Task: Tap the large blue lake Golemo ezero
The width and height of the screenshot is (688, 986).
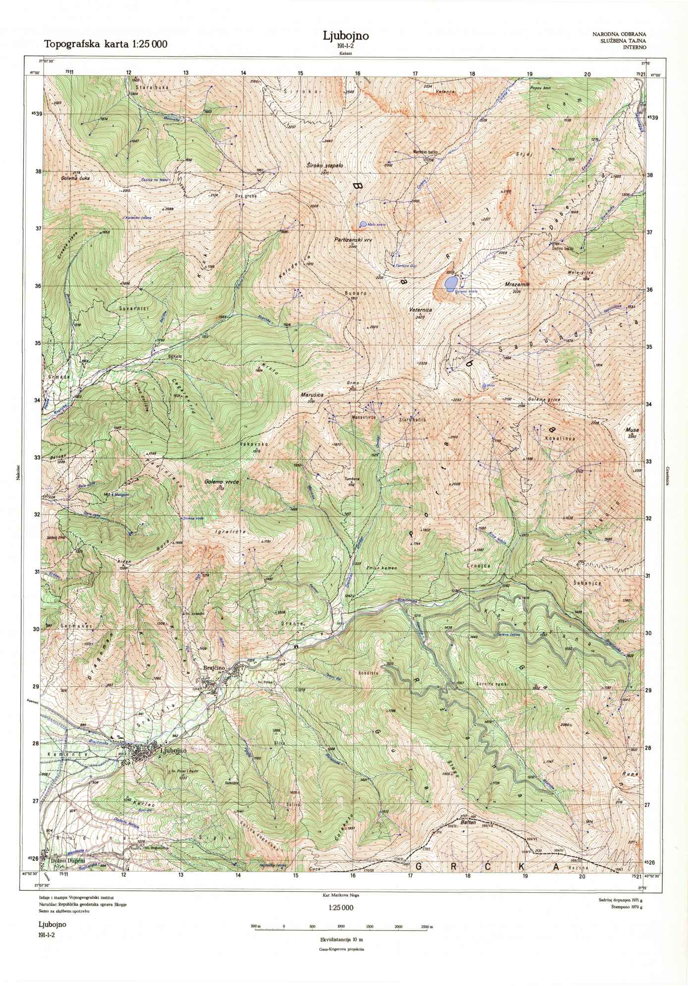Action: [451, 283]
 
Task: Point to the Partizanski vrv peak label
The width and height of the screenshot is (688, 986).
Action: [353, 239]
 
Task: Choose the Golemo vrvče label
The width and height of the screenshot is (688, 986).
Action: [221, 482]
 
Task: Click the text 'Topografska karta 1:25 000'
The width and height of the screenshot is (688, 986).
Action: [106, 44]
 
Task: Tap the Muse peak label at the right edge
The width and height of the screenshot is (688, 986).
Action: [631, 431]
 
